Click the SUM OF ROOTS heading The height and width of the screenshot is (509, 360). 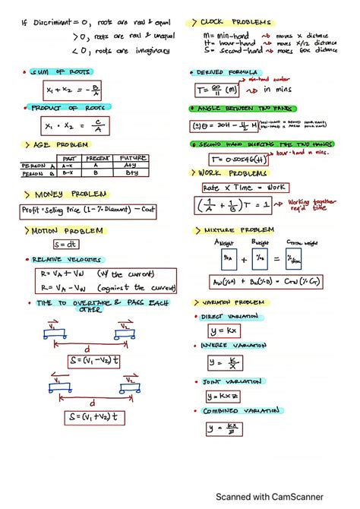click(61, 72)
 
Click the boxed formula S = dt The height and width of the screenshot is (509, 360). click(65, 245)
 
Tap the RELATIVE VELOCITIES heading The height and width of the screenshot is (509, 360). click(72, 260)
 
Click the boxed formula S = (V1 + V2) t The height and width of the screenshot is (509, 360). click(95, 418)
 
